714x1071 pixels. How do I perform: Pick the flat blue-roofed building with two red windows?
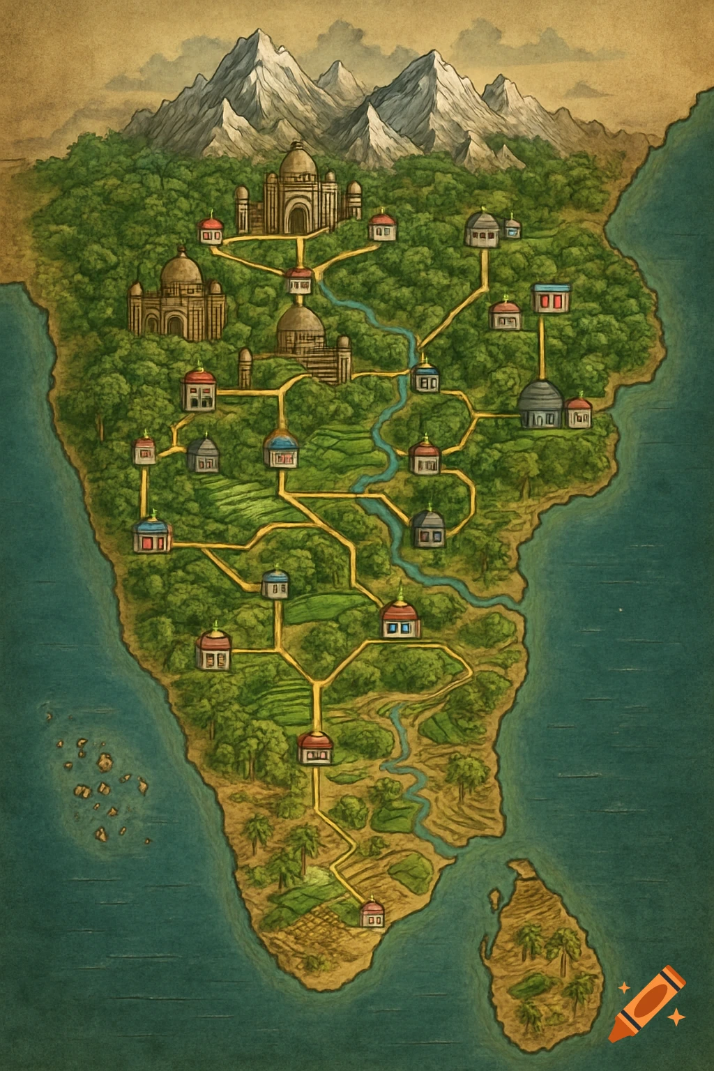click(552, 297)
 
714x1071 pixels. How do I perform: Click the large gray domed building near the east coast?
click(541, 404)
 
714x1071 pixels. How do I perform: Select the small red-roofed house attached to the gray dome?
click(579, 412)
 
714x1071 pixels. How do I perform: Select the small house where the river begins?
click(300, 281)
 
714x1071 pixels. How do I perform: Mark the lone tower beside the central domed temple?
click(245, 368)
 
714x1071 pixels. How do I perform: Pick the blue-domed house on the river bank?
click(425, 377)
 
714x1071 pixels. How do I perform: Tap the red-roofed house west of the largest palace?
click(211, 230)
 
